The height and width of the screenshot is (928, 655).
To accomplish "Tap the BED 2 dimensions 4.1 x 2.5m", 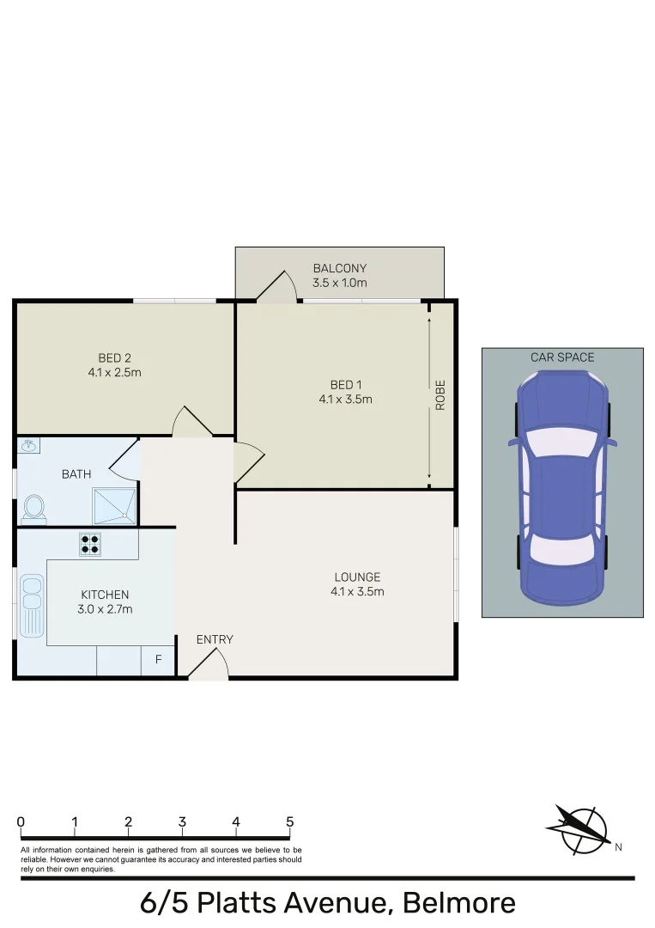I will pyautogui.click(x=114, y=373).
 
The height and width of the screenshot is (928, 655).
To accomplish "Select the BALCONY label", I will pyautogui.click(x=340, y=269).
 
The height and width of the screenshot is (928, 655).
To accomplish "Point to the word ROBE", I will pyautogui.click(x=440, y=394).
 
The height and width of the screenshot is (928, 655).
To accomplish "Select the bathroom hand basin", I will pyautogui.click(x=28, y=445).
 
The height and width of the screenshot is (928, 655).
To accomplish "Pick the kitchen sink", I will pyautogui.click(x=33, y=605).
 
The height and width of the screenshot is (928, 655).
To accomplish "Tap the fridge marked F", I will pyautogui.click(x=158, y=661).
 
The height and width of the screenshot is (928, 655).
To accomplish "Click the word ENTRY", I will pyautogui.click(x=215, y=639).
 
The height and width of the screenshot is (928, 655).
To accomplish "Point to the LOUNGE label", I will pyautogui.click(x=357, y=577).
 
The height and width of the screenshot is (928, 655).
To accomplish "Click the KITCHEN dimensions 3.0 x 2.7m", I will pyautogui.click(x=106, y=609).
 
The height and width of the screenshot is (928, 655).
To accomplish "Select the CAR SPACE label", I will pyautogui.click(x=562, y=357).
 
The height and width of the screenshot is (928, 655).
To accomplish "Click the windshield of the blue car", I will pyautogui.click(x=562, y=443).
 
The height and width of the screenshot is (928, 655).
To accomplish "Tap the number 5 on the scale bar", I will pyautogui.click(x=289, y=822).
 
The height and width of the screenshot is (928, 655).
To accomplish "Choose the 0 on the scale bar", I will pyautogui.click(x=21, y=822).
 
